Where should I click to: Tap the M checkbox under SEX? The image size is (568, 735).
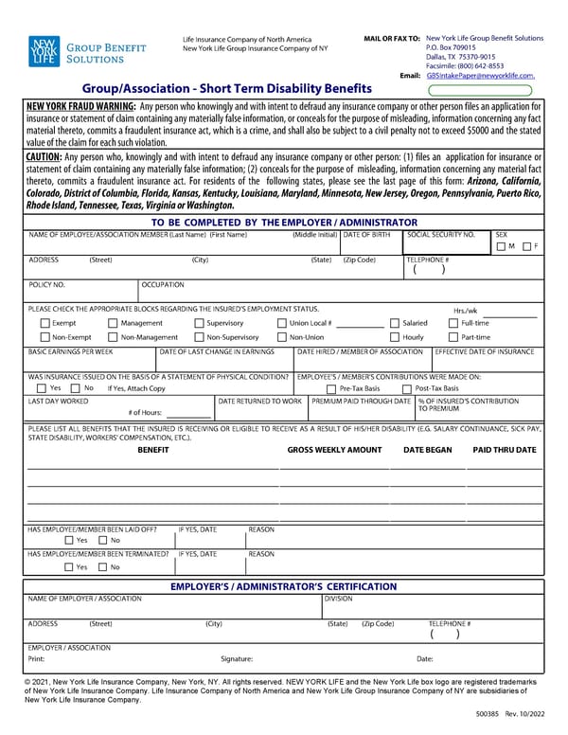[x=501, y=246]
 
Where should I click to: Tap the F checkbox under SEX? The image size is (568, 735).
[x=526, y=246]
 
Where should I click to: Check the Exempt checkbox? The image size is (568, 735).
[x=44, y=323]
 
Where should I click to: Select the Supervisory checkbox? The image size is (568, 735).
[x=198, y=323]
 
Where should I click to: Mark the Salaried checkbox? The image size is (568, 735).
[x=395, y=323]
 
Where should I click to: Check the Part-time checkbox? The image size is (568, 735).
[x=453, y=336]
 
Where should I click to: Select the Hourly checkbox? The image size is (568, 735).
[x=395, y=336]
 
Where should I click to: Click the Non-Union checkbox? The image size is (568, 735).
[x=281, y=336]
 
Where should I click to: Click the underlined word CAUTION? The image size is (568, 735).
[x=44, y=155]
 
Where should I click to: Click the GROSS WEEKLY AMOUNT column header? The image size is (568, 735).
[x=334, y=449]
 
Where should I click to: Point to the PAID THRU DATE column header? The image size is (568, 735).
[x=504, y=449]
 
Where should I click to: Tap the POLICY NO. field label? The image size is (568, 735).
[x=46, y=284]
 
